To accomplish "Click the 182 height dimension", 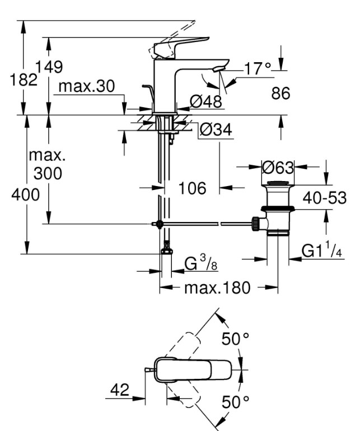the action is tap(24, 80).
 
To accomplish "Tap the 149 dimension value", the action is tap(49, 67).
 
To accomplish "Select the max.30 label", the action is tap(86, 86).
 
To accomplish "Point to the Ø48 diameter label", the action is tap(206, 101).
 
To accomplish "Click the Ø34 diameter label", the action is tap(216, 129).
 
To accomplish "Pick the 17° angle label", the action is tap(258, 68).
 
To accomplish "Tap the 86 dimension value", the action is tap(280, 93).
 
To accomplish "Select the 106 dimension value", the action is tap(192, 188).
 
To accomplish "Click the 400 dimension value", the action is tap(26, 195).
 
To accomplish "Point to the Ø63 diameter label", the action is tap(278, 167).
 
